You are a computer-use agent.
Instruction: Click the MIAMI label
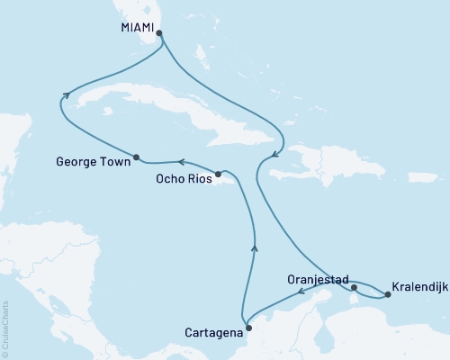coord(136,28)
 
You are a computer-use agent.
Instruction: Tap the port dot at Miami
coord(159,34)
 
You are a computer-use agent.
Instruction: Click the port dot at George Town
coord(136,157)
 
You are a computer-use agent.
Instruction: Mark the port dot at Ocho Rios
coord(218,174)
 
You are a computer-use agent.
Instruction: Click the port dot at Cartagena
coord(248,328)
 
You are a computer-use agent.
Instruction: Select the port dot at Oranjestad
coord(355,288)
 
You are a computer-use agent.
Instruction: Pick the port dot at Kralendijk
coord(388,294)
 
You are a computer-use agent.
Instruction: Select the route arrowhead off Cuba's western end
coord(65,94)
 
